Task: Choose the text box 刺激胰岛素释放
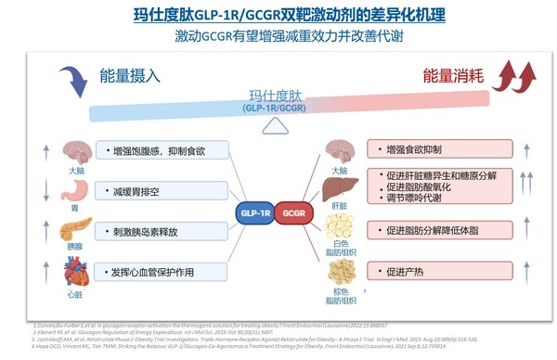158,230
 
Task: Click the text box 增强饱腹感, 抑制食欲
158,150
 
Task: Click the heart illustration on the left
74,272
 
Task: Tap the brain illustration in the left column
75,150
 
